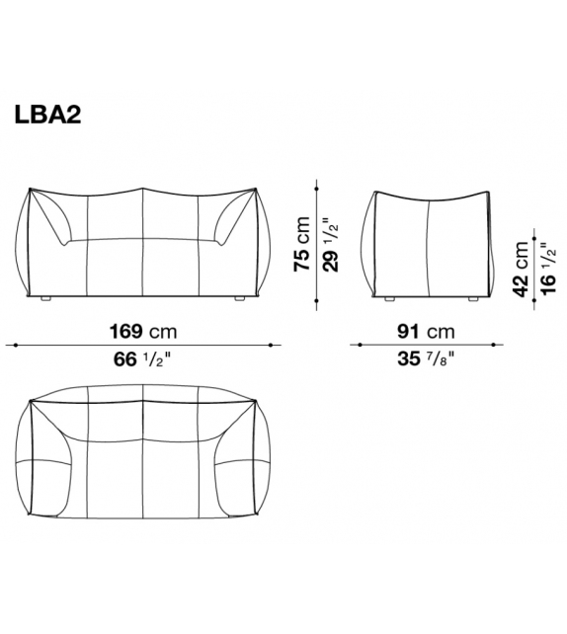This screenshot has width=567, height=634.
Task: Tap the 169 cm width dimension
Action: [144, 331]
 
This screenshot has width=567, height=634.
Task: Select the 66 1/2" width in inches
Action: [144, 359]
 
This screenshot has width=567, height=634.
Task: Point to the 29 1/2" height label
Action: [332, 243]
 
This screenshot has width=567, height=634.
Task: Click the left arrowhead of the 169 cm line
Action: [9, 345]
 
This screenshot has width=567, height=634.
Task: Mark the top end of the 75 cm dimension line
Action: [316, 181]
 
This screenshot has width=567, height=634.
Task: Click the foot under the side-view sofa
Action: [388, 297]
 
